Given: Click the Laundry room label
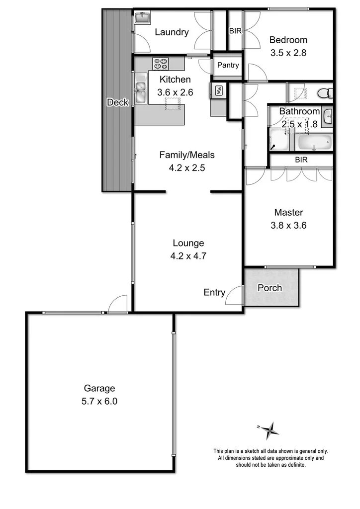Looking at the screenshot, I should point(172,32).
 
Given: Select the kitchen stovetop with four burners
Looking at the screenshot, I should point(160,64).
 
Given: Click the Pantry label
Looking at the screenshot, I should point(228,65).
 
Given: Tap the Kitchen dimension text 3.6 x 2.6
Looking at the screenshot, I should point(175,92).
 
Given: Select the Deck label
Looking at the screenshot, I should point(118,102).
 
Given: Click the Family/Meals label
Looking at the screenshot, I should point(187,155).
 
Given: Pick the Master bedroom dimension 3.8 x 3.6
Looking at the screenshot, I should point(289,225).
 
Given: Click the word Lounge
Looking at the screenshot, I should point(188,243).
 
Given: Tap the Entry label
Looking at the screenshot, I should point(214,293).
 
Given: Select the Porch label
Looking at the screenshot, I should point(270,288).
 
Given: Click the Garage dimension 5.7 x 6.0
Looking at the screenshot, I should point(100,402).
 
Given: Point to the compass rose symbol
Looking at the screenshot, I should point(270,429).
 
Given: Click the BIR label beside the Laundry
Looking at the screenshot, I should point(235,31).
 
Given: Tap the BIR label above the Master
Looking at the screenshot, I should point(301,160).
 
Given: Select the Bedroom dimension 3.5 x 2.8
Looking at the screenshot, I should point(288,53).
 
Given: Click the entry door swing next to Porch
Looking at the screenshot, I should point(234,296).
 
